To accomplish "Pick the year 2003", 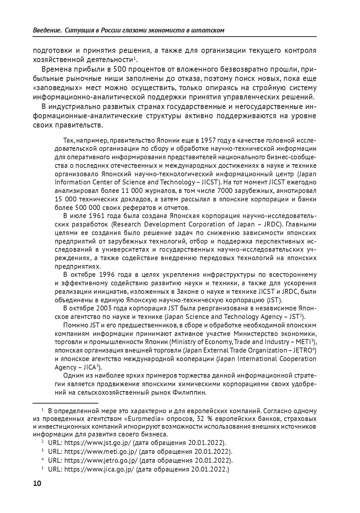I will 107,308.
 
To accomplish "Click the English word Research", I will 126,224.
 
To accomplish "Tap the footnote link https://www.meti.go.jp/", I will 101,452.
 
